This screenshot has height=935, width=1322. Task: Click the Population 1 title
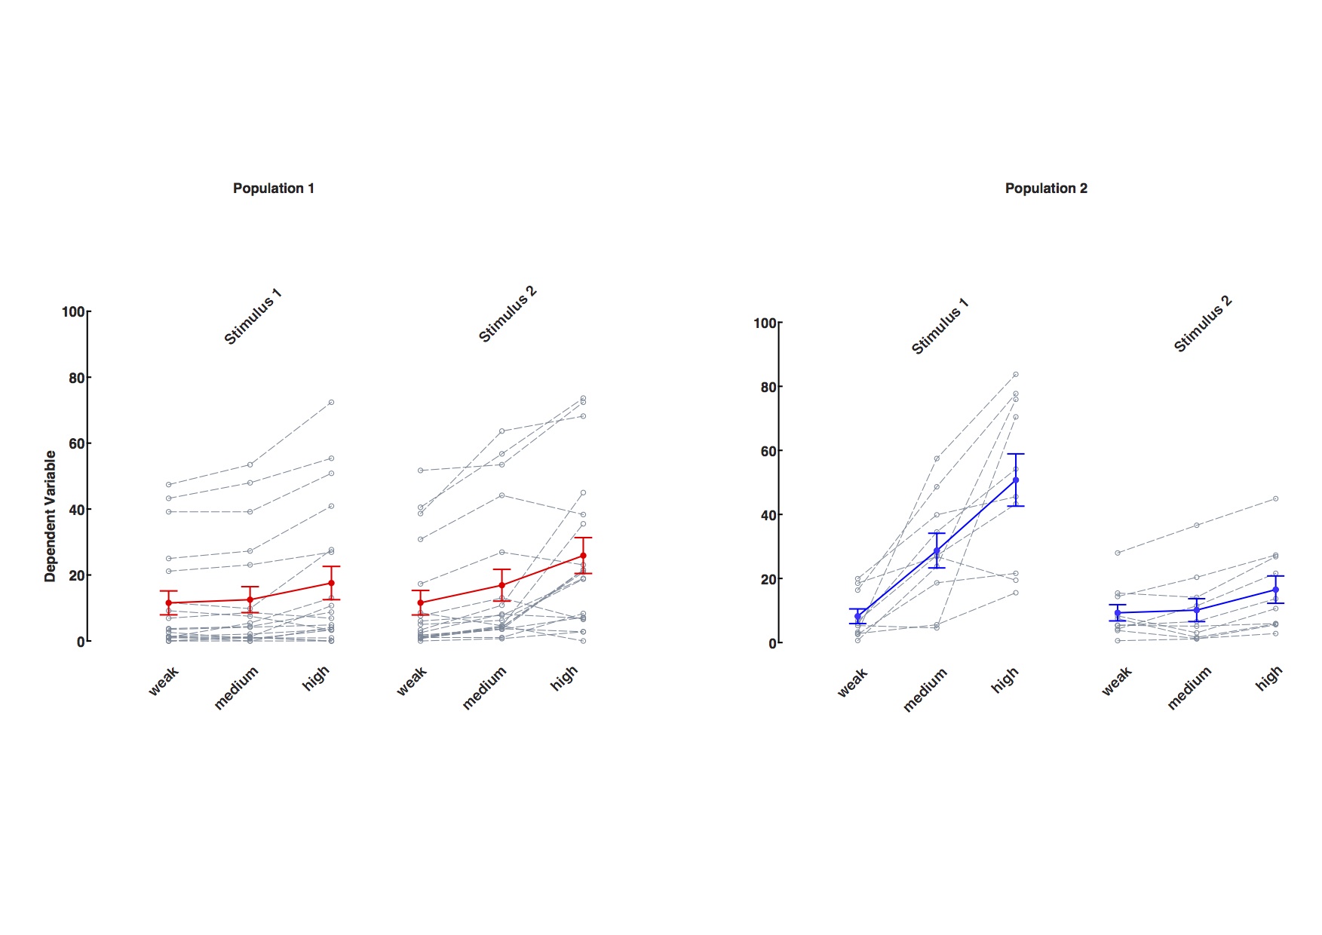pos(273,189)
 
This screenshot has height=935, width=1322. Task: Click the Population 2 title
pos(1045,189)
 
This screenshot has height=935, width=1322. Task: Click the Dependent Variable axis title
pos(51,516)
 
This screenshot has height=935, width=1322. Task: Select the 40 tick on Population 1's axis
pos(76,510)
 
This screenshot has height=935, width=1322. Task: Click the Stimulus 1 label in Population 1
pos(253,317)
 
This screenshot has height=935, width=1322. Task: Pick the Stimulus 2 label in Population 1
pos(508,314)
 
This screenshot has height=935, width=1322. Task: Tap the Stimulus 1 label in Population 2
pos(940,326)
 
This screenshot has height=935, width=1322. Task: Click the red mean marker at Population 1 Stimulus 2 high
pos(583,556)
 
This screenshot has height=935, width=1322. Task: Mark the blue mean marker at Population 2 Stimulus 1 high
pos(1016,480)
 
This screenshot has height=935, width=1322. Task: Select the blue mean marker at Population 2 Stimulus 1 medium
pos(937,551)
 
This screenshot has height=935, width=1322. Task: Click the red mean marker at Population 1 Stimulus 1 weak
pos(168,603)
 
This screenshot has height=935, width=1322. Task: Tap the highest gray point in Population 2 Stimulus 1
pos(1016,374)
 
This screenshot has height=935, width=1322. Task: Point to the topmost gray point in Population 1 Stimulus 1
pos(331,403)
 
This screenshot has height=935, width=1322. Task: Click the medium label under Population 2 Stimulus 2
pos(1189,688)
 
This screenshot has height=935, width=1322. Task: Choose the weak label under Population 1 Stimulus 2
pos(413,680)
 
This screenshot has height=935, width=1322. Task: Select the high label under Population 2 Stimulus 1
pos(1005,679)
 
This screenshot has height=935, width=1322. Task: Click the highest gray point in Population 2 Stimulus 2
pos(1276,498)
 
